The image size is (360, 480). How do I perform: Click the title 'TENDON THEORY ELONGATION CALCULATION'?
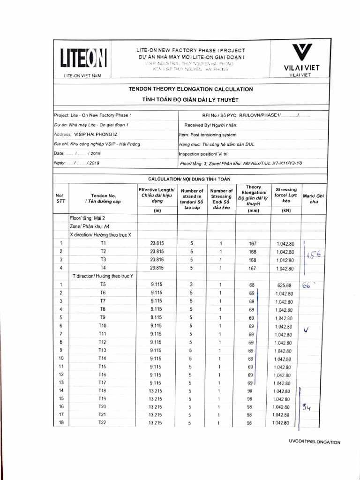point(191,89)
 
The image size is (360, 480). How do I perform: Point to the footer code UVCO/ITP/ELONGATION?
point(315,442)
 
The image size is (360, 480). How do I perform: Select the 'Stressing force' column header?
point(286,195)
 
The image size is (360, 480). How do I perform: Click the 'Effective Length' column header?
point(157,195)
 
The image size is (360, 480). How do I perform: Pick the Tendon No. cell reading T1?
point(103,244)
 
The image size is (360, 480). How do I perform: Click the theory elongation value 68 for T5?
point(251,285)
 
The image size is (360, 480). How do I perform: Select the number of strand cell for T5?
point(191,285)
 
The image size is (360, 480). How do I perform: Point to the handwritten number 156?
point(313,255)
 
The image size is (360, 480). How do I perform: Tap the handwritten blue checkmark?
point(307,330)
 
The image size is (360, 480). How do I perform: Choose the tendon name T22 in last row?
point(103,423)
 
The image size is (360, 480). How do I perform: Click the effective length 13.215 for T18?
point(157,391)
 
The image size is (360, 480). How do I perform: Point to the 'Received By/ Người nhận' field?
point(211,125)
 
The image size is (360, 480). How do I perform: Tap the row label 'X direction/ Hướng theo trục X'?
point(100,234)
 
